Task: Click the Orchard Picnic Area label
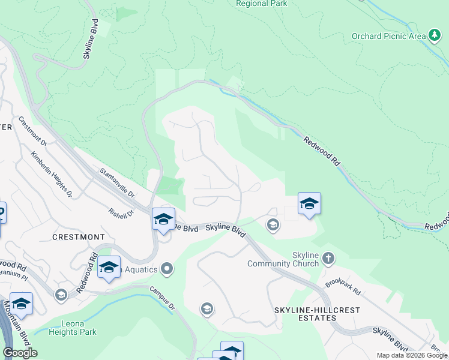(387, 36)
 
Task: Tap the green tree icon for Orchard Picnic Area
(434, 35)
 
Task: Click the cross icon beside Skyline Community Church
(328, 259)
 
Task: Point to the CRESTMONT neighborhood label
(79, 237)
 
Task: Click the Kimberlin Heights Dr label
(52, 175)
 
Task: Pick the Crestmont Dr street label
(32, 131)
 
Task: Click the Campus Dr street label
(163, 298)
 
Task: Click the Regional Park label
(262, 4)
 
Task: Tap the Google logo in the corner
(20, 353)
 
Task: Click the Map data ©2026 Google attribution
(412, 355)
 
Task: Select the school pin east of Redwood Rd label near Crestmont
(109, 268)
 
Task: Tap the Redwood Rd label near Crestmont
(86, 275)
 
